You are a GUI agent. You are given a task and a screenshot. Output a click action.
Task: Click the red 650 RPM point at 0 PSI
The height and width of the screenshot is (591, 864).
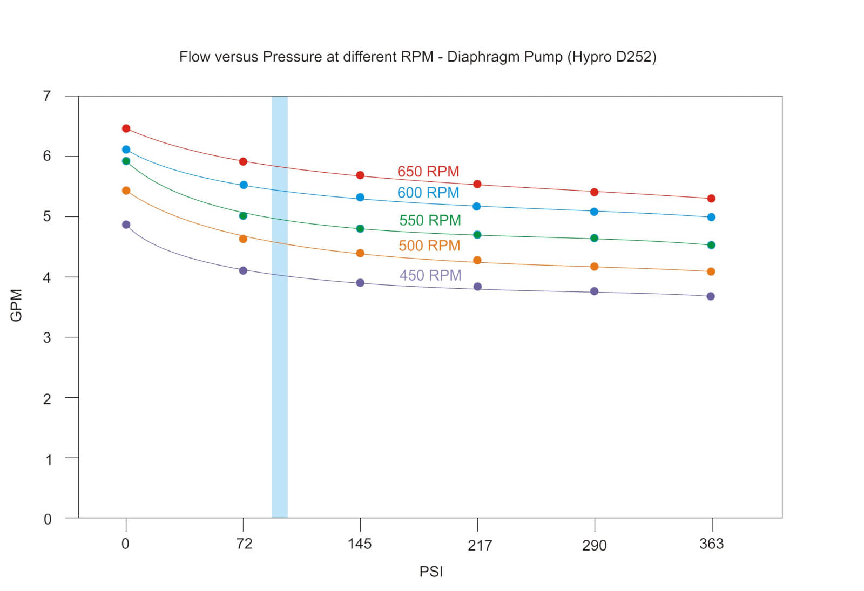point(126,128)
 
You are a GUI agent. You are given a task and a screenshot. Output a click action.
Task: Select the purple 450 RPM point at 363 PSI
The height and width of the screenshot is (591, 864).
point(711,296)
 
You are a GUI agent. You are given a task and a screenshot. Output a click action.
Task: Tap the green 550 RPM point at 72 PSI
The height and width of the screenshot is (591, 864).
point(243,216)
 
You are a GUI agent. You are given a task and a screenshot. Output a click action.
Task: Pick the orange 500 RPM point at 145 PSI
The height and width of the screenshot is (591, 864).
point(360,253)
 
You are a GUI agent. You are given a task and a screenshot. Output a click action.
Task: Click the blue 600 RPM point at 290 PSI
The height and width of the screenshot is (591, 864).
point(594,212)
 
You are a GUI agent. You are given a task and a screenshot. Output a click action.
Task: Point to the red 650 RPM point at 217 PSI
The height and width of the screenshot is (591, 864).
point(477,184)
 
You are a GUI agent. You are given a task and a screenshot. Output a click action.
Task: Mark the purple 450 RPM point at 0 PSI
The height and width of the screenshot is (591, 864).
point(126,225)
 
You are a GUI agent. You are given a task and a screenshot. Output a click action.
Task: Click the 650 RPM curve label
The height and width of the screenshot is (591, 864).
point(428,172)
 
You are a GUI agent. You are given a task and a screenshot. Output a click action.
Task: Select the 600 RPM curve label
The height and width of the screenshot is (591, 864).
point(428,193)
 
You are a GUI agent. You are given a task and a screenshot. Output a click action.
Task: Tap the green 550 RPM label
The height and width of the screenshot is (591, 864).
point(430,220)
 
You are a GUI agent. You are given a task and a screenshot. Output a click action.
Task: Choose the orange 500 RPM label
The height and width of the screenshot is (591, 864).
point(429,246)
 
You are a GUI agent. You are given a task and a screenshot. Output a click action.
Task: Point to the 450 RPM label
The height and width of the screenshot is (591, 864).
point(430,275)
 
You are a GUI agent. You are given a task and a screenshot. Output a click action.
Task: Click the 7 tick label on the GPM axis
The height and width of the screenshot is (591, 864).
point(47,96)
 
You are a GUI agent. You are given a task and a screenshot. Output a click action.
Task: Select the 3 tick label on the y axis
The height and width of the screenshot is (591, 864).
point(47,337)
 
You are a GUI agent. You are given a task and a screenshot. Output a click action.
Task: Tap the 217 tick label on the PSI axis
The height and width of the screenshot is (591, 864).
point(480,546)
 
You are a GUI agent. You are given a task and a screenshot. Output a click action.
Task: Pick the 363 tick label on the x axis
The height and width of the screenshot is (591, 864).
point(711,544)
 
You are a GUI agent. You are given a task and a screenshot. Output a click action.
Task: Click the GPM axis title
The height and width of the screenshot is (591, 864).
point(16,305)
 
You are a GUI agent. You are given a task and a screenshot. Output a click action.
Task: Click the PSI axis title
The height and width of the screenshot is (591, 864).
point(431,572)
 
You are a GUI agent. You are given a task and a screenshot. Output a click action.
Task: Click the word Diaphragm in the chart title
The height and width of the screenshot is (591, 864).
point(477,57)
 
